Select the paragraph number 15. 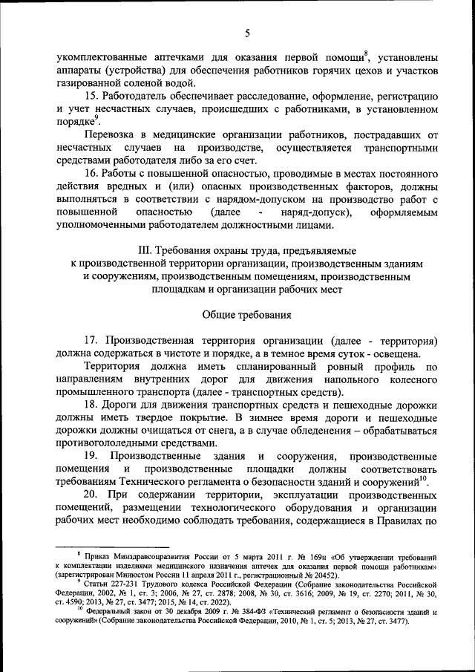tap(91, 97)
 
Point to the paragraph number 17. tap(91, 339)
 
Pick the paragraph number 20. tap(91, 495)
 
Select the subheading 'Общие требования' tap(246, 314)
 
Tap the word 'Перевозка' tap(110, 135)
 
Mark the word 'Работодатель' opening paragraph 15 tap(139, 97)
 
